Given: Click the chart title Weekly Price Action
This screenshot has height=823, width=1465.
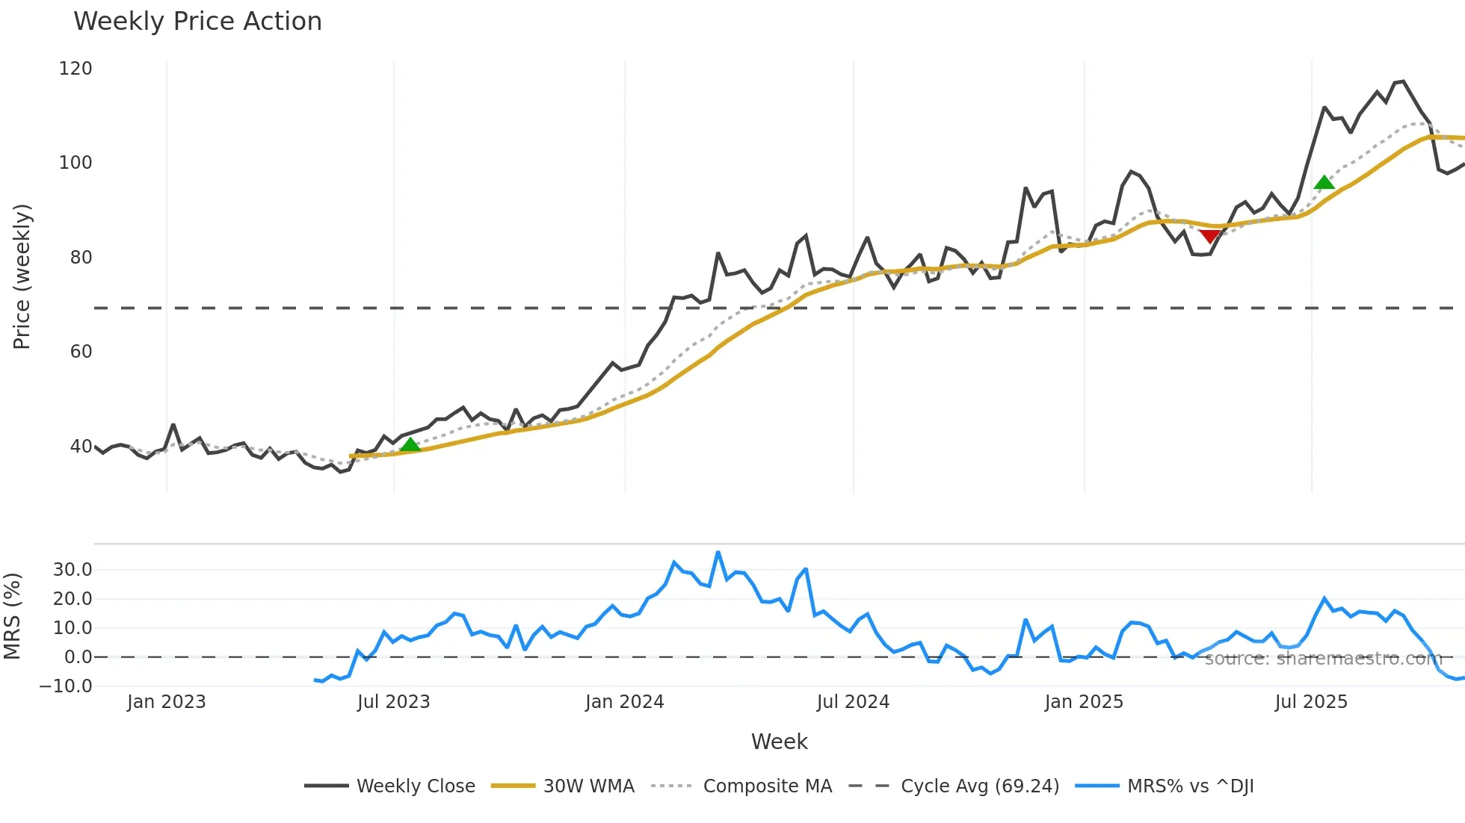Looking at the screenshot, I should (x=197, y=22).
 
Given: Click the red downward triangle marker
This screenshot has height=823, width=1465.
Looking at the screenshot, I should (x=1209, y=237).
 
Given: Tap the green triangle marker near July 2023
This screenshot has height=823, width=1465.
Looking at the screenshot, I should (x=410, y=445).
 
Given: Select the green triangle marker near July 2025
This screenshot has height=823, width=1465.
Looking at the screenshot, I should (x=1324, y=183).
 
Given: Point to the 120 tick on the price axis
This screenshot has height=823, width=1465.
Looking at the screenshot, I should (x=75, y=69).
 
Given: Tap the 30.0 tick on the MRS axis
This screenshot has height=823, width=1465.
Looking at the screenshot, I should (x=73, y=570).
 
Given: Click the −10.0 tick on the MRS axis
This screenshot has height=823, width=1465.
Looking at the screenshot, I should (x=67, y=686).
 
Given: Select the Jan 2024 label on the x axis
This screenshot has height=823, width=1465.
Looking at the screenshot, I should (x=624, y=702).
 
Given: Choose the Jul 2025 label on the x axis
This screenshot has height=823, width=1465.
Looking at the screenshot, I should (x=1311, y=702).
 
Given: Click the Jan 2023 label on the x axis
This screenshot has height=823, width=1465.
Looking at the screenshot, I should (x=166, y=702).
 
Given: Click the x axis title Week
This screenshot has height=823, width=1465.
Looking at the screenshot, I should (x=779, y=742).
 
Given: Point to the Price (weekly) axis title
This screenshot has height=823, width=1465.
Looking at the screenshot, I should (x=22, y=276).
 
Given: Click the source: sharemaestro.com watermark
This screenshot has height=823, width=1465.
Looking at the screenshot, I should (x=1323, y=659).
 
